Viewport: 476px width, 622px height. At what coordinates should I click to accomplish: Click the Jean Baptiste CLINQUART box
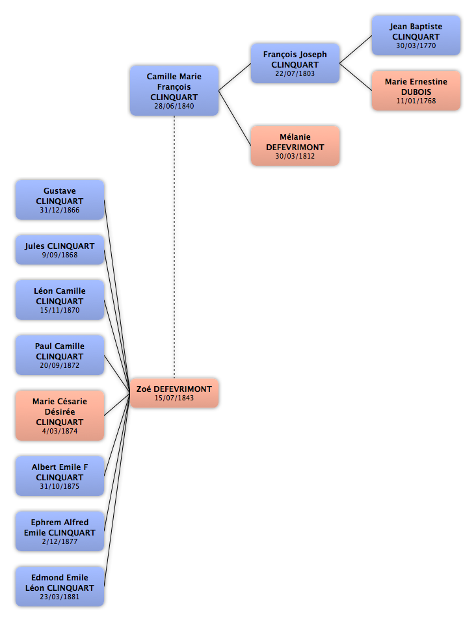tap(416, 35)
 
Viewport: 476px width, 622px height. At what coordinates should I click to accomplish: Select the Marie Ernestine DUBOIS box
tap(416, 90)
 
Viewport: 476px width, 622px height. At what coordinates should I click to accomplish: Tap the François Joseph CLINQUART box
tap(295, 63)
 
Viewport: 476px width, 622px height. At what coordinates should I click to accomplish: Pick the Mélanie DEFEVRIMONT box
tap(295, 146)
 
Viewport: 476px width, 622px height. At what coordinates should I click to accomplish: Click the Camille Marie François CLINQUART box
tap(174, 90)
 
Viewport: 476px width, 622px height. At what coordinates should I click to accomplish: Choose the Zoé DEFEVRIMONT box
tap(174, 393)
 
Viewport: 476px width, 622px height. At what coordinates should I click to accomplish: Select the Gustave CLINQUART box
tap(60, 200)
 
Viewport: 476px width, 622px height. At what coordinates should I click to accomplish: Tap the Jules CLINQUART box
tap(60, 250)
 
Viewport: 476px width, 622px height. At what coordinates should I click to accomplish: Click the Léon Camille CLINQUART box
tap(60, 300)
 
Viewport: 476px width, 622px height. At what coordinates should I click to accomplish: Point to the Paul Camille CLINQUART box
tap(60, 355)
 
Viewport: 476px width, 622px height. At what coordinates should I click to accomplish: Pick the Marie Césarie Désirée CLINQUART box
tap(60, 415)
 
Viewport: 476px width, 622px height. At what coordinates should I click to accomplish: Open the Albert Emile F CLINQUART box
tap(60, 476)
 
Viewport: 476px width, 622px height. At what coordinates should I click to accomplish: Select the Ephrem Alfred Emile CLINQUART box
tap(60, 531)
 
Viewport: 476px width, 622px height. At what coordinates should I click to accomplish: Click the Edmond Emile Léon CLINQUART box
tap(60, 586)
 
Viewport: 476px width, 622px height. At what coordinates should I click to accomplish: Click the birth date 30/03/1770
tap(416, 45)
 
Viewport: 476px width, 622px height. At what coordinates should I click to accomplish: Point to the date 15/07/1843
tap(174, 398)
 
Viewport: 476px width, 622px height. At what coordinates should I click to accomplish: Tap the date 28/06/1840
tap(174, 106)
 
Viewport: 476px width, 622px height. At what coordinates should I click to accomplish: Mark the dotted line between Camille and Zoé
tap(174, 247)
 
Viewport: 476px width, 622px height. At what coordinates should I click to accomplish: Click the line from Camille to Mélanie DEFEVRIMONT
tap(235, 118)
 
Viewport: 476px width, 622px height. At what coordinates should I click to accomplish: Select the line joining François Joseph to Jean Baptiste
tap(356, 49)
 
